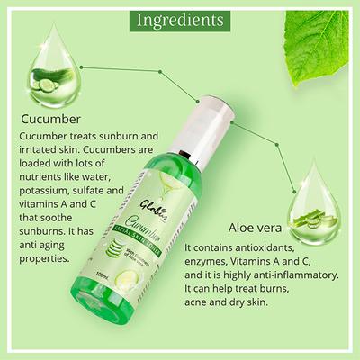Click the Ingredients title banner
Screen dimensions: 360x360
click(180, 19)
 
